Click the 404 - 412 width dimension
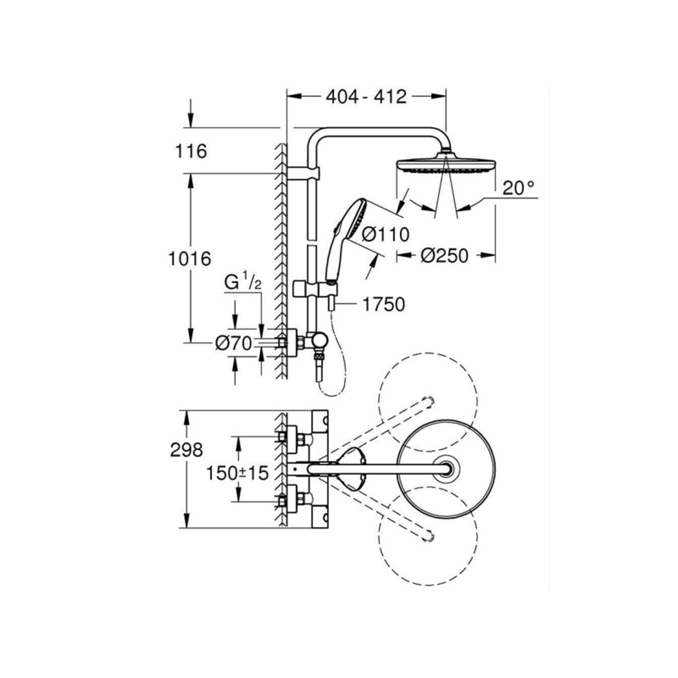point(367,97)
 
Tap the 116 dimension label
point(192,151)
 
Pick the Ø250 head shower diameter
point(445,256)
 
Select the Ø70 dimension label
point(233,342)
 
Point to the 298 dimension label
point(186,450)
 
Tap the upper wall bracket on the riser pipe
point(303,173)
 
